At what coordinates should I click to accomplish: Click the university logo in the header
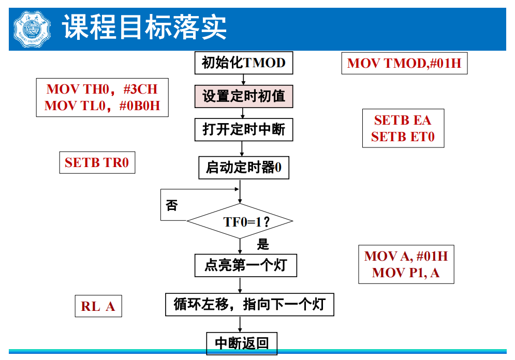pyautogui.click(x=32, y=28)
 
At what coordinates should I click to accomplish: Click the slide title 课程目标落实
pyautogui.click(x=145, y=27)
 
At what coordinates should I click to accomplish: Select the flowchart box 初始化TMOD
pyautogui.click(x=243, y=63)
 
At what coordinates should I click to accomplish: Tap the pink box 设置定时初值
pyautogui.click(x=243, y=96)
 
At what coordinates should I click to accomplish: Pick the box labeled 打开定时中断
pyautogui.click(x=243, y=129)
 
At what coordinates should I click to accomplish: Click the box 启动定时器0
pyautogui.click(x=243, y=168)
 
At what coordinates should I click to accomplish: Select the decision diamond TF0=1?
pyautogui.click(x=241, y=221)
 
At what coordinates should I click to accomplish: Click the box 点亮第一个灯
pyautogui.click(x=245, y=265)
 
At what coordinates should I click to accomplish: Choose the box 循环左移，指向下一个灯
pyautogui.click(x=249, y=304)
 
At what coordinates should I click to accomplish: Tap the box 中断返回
pyautogui.click(x=242, y=343)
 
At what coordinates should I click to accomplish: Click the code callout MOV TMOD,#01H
pyautogui.click(x=404, y=64)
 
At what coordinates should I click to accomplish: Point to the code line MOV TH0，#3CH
pyautogui.click(x=102, y=89)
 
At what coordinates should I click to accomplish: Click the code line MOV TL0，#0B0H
pyautogui.click(x=102, y=106)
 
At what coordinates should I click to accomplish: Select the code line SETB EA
pyautogui.click(x=403, y=120)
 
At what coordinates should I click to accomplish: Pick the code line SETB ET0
pyautogui.click(x=403, y=137)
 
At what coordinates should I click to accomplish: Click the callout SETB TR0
pyautogui.click(x=97, y=162)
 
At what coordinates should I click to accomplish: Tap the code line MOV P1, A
pyautogui.click(x=406, y=273)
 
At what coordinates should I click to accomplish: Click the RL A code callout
pyautogui.click(x=98, y=306)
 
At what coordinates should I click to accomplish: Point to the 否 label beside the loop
pyautogui.click(x=171, y=206)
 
